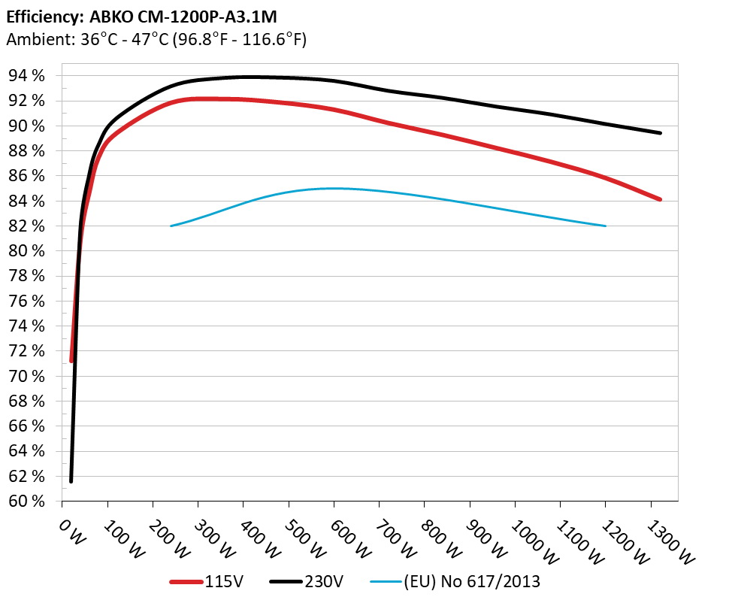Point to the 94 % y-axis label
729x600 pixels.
[x=27, y=76]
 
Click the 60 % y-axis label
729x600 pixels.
[x=27, y=502]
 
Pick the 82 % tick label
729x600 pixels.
[x=27, y=226]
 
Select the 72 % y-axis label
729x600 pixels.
[x=27, y=351]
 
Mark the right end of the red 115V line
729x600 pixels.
[x=660, y=199]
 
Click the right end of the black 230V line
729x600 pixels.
[x=660, y=133]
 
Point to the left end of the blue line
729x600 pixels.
[x=171, y=226]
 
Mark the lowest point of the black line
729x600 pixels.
[x=71, y=480]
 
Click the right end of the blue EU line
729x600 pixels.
[x=605, y=226]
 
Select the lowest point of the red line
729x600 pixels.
[x=71, y=361]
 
